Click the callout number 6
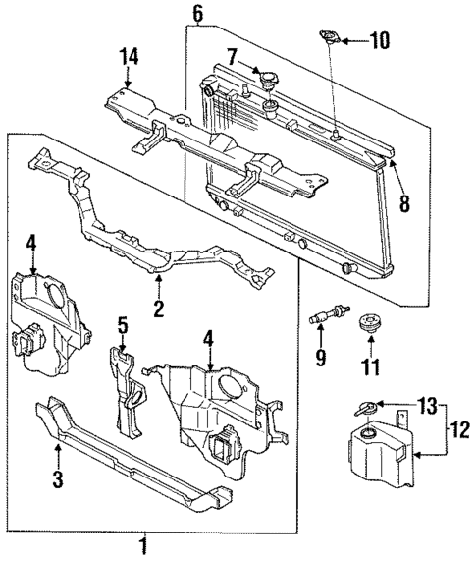pyautogui.click(x=197, y=13)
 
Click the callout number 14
pyautogui.click(x=124, y=55)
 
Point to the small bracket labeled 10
pyautogui.click(x=330, y=39)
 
